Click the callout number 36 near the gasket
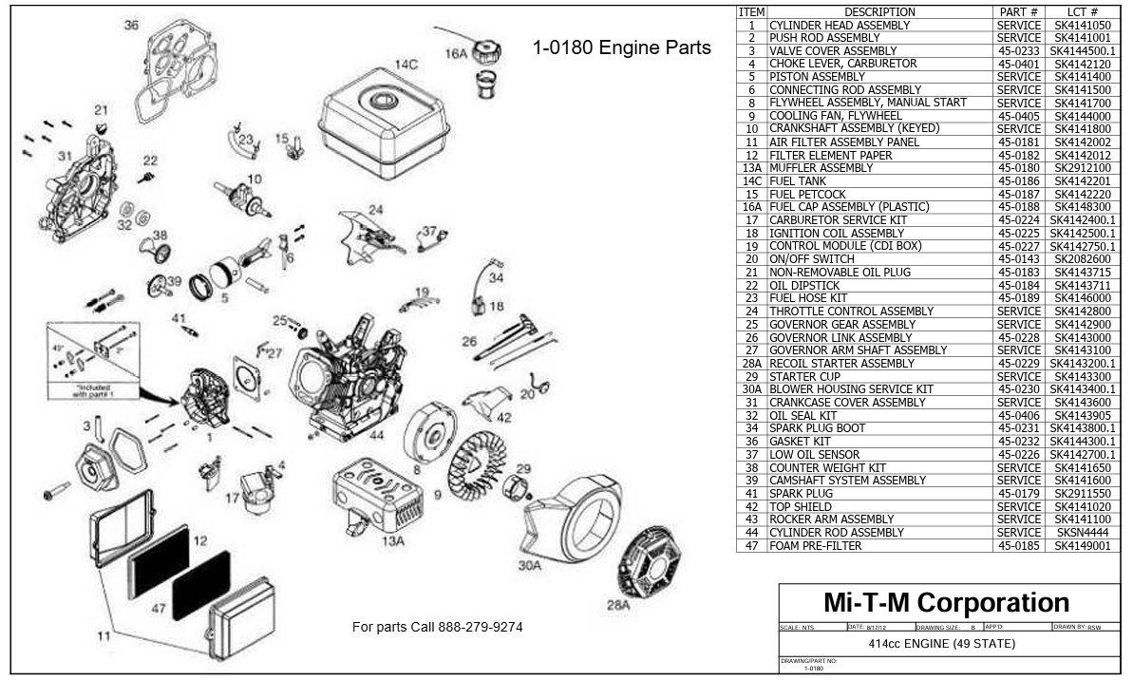tap(131, 25)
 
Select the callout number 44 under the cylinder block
tap(377, 435)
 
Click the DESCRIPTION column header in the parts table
tap(879, 11)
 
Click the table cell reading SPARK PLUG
tap(801, 493)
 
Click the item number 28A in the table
tap(751, 363)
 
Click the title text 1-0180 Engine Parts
tap(621, 47)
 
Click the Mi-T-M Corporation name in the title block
tap(946, 602)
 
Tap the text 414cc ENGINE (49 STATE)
tap(941, 644)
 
